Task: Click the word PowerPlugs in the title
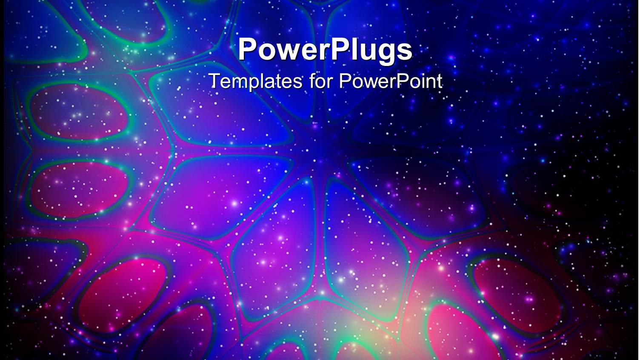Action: [x=325, y=50]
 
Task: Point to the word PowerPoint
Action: [x=391, y=81]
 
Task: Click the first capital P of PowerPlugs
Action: [x=247, y=49]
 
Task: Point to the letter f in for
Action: [x=313, y=80]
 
